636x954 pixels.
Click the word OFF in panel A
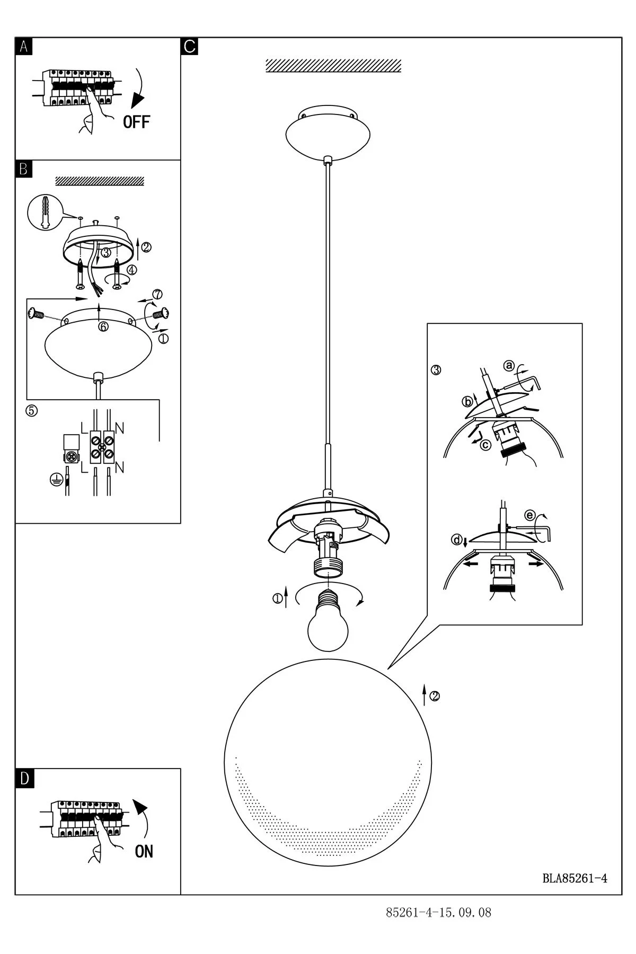(136, 122)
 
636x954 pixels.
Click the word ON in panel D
(144, 851)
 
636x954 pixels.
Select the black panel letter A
(23, 47)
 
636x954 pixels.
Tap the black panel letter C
(189, 47)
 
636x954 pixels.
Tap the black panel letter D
(24, 779)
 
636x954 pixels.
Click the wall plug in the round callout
(45, 212)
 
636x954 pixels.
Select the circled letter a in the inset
(509, 365)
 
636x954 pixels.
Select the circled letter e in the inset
(529, 515)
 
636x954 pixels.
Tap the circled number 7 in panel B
(157, 294)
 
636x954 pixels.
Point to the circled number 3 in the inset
(436, 370)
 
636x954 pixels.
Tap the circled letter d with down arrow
(456, 540)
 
